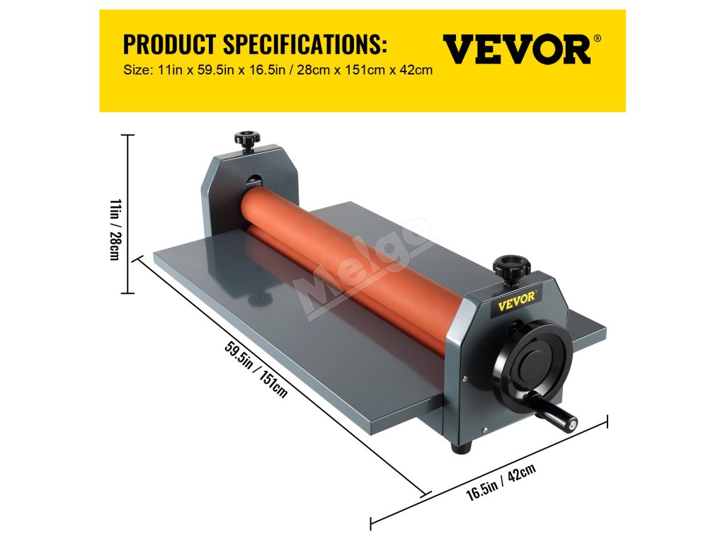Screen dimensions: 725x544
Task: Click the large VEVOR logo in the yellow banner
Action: pos(516,50)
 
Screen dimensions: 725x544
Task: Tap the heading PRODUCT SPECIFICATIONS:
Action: pos(255,45)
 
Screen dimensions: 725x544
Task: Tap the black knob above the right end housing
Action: pos(511,267)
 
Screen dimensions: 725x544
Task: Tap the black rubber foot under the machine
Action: pos(462,448)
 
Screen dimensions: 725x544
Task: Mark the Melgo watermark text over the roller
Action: pos(361,270)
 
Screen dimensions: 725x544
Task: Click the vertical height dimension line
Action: pos(128,212)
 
